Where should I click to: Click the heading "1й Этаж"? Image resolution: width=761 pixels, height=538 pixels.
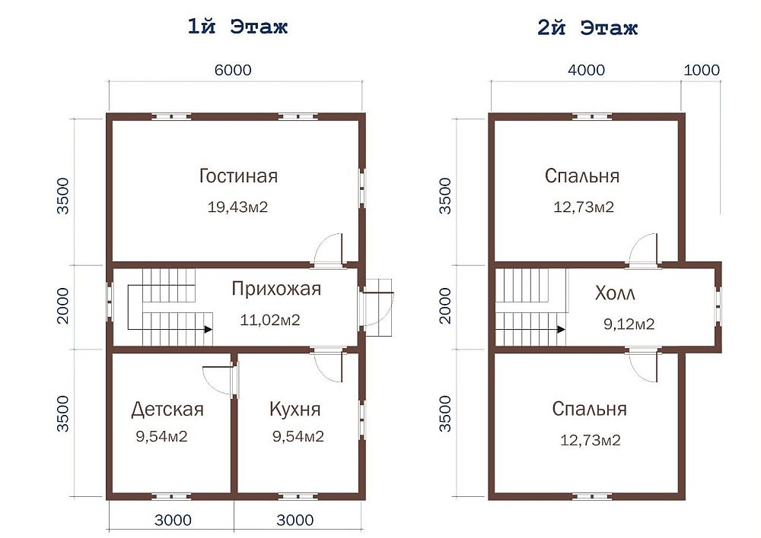tap(237, 27)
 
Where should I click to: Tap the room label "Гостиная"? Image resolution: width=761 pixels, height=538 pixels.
tap(238, 176)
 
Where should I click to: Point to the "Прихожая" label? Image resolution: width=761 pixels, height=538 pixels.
tap(276, 289)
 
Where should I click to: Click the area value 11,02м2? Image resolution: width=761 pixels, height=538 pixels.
tap(270, 320)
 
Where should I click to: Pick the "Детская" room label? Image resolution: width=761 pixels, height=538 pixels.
tap(167, 410)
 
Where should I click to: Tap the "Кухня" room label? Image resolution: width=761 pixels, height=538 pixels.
tap(295, 410)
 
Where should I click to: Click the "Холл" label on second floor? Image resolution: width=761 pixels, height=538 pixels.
tap(615, 294)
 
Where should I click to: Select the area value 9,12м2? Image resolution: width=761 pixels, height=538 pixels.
tap(629, 324)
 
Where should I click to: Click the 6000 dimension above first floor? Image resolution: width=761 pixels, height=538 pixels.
tap(232, 71)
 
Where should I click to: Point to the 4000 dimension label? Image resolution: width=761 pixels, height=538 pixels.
tap(586, 71)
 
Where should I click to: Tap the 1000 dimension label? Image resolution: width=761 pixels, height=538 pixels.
tap(702, 71)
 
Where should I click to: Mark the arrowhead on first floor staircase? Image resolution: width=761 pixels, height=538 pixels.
tap(207, 330)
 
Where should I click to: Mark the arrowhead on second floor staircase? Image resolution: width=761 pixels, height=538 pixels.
tap(561, 330)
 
